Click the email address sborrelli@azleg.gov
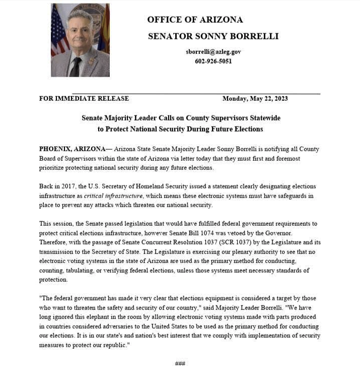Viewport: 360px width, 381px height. (x=213, y=51)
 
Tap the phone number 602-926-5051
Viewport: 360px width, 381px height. (x=213, y=61)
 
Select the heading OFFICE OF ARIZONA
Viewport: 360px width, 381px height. (x=195, y=20)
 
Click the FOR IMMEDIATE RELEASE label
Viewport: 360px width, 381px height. (x=84, y=98)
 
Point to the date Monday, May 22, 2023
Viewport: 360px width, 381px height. (x=255, y=98)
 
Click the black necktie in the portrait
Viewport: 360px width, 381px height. (x=75, y=66)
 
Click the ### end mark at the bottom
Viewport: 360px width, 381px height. (x=180, y=363)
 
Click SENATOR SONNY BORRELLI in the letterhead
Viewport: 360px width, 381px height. (x=213, y=36)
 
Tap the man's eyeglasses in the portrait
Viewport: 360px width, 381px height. (x=80, y=29)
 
